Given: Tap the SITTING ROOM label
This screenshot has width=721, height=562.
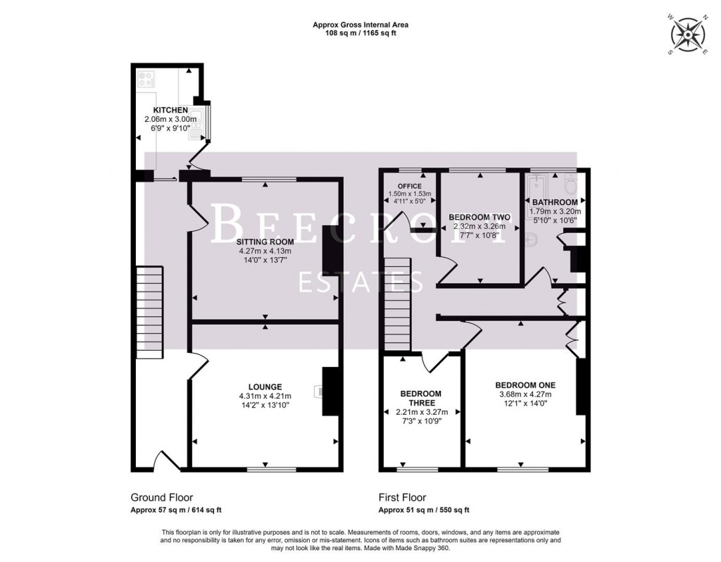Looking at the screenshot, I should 264,242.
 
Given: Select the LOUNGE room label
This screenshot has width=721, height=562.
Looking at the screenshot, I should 265,387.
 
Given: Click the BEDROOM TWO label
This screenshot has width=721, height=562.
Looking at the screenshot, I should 479,217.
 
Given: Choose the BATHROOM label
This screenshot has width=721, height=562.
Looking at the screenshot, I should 555,202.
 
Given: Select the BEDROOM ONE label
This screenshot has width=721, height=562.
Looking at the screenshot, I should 525,385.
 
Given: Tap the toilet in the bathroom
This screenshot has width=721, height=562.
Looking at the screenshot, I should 569,185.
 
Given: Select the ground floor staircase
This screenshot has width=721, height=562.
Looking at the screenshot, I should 149,311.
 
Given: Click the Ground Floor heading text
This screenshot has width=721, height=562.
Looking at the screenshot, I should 161,497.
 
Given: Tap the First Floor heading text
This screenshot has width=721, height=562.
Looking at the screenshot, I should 402,497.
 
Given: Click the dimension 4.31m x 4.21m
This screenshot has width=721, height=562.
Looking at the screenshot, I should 265,396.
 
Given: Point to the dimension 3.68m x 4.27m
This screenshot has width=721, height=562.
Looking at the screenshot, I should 525,394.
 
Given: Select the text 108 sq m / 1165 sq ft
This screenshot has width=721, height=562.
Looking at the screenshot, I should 360,32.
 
